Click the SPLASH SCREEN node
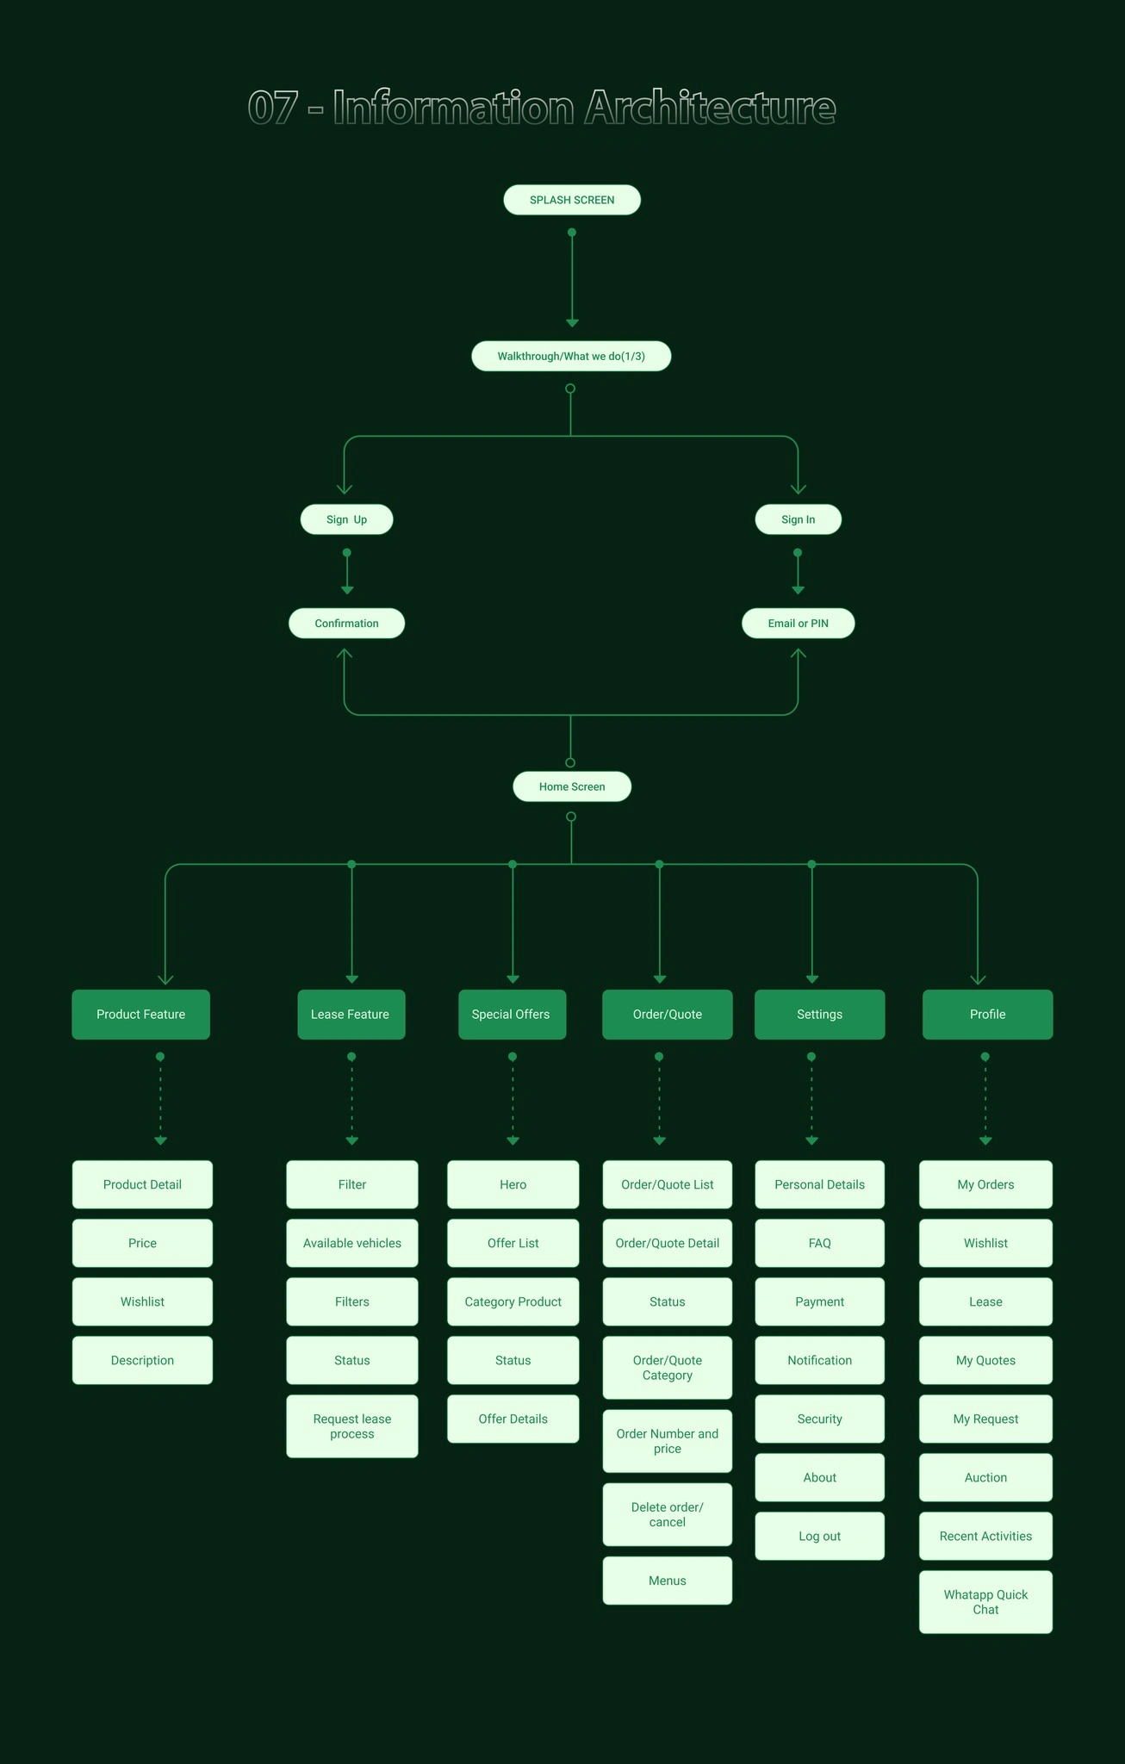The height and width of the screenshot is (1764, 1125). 572,200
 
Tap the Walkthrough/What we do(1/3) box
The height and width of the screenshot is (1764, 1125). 571,357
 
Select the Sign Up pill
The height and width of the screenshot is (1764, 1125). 346,519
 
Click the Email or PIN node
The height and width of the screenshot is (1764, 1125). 799,624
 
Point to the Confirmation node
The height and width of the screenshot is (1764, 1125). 346,624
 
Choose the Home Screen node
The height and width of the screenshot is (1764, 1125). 572,786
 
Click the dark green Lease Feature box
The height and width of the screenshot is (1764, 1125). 351,1015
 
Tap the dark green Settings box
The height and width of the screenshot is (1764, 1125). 820,1015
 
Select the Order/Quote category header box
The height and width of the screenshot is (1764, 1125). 668,1015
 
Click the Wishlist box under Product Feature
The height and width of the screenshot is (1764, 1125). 142,1301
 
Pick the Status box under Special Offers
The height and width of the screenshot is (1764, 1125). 513,1360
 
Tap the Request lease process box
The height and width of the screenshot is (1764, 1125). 352,1426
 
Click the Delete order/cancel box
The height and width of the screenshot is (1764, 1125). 668,1514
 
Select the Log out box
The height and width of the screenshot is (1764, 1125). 820,1536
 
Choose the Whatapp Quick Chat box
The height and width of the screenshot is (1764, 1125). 985,1602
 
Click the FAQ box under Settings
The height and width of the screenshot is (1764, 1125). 820,1243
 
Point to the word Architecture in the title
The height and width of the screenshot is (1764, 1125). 710,108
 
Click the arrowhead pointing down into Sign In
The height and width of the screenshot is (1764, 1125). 799,488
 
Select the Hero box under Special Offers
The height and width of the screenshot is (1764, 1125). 513,1184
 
